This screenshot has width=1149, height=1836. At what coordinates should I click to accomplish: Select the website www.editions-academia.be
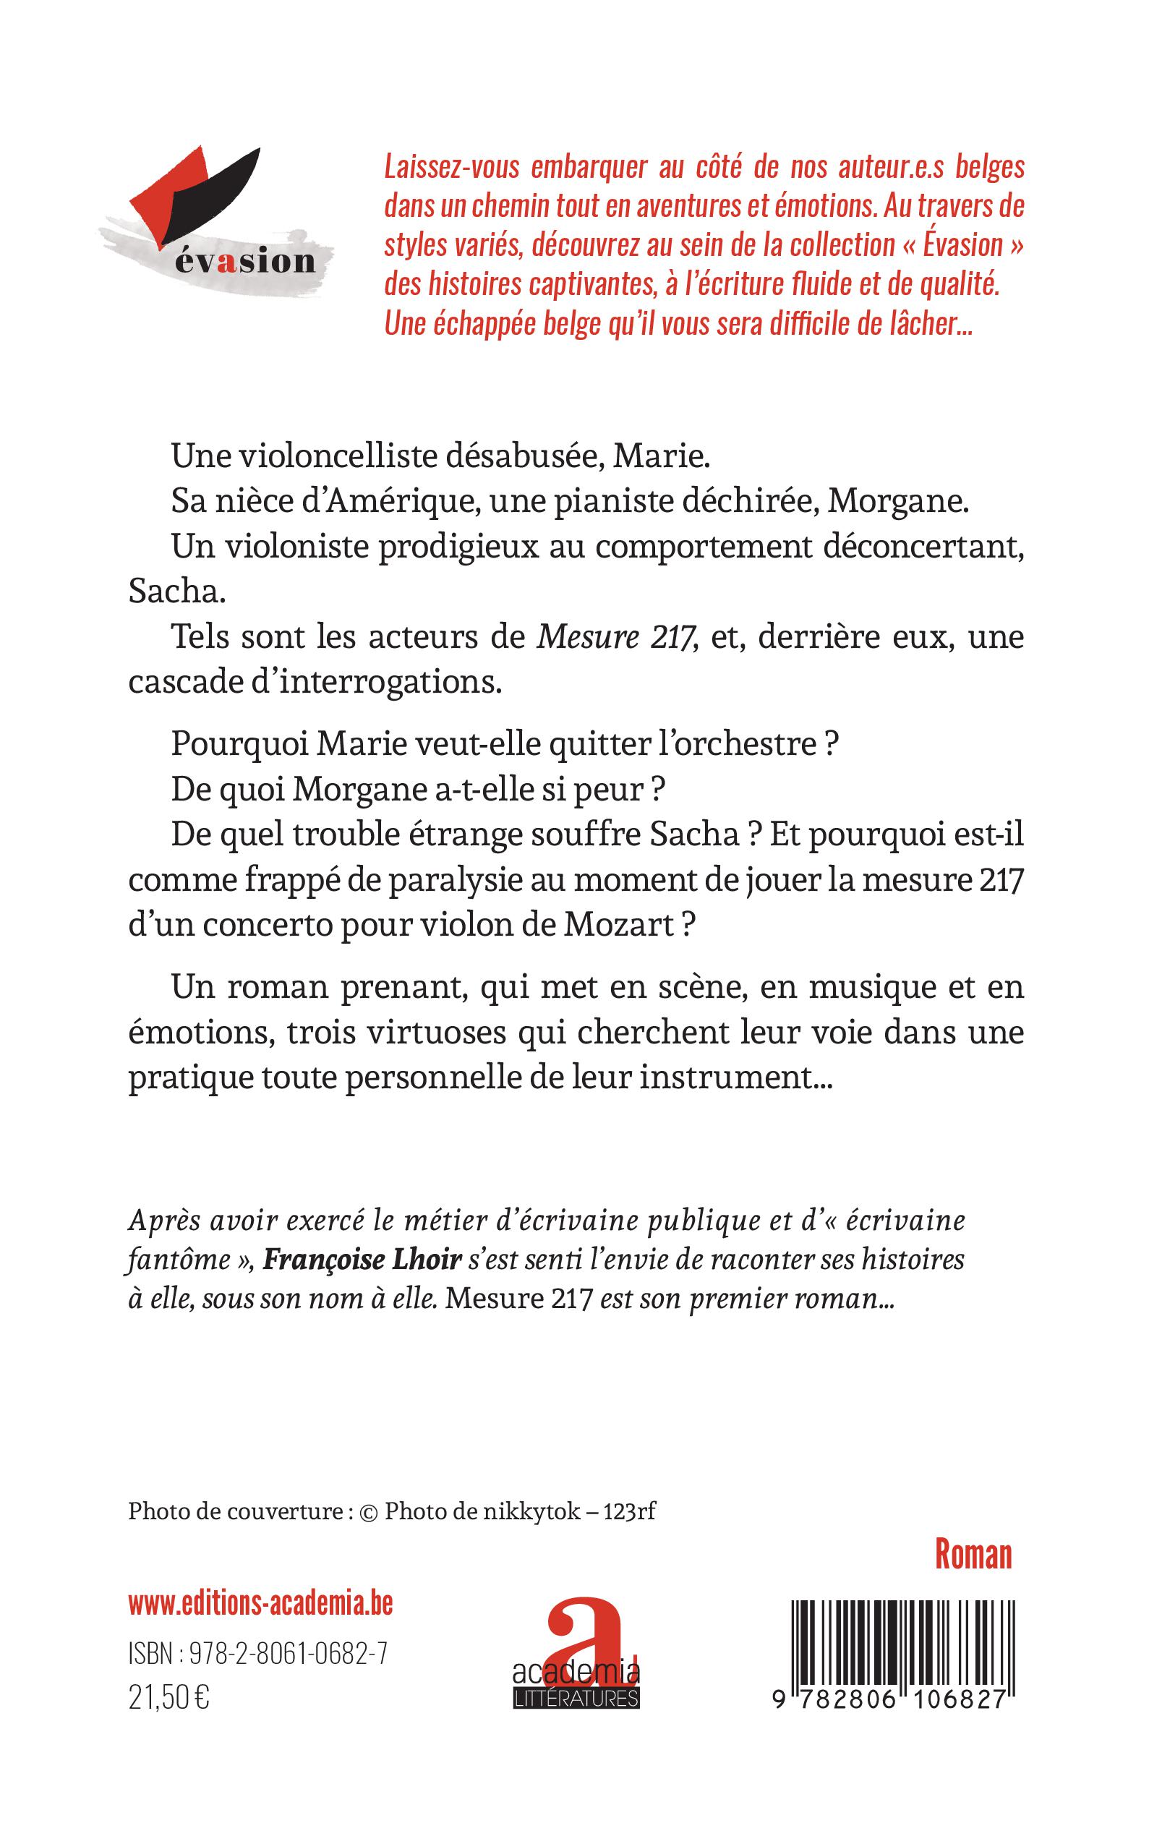click(260, 1604)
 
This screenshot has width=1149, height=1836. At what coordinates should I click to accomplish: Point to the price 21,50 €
click(168, 1698)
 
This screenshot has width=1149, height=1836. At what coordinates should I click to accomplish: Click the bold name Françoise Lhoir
click(362, 1259)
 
